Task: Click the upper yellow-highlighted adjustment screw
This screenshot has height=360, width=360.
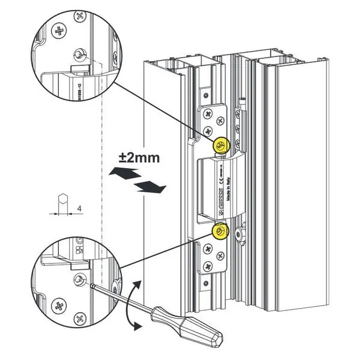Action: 221,144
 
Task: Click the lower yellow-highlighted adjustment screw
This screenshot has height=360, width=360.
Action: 220,231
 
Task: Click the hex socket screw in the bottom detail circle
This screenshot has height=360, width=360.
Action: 78,279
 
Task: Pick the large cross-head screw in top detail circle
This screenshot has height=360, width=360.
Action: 59,29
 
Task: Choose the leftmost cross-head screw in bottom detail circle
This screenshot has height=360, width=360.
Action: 60,304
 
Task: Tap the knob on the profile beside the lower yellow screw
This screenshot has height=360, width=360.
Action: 241,236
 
